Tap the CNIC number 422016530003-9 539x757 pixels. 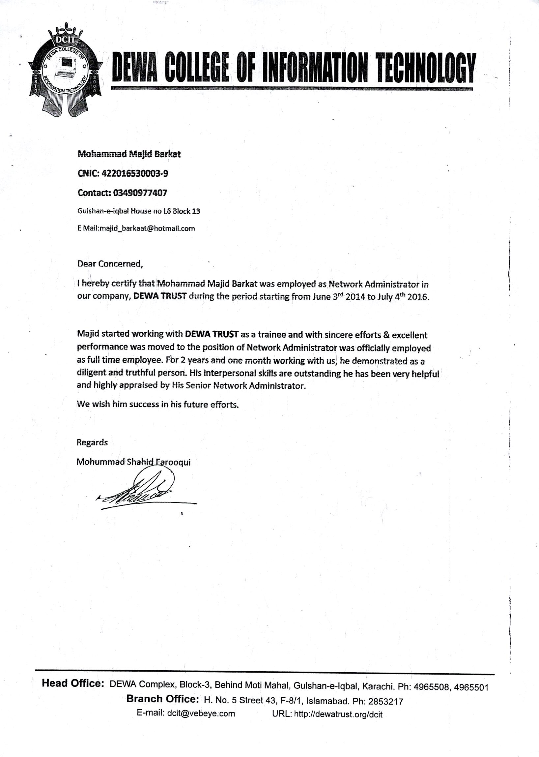coord(135,173)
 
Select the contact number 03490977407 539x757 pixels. coord(140,193)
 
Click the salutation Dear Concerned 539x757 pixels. coord(110,264)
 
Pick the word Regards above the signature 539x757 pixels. coord(92,442)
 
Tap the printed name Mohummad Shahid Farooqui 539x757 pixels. coord(133,462)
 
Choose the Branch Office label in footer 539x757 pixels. coord(162,699)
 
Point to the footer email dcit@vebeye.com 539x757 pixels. coord(201,713)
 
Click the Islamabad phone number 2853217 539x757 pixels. coord(386,702)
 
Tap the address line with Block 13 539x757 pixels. coord(138,211)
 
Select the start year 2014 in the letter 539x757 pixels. coord(355,297)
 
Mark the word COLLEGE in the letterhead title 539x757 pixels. coord(197,68)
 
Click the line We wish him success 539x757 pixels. coord(157,405)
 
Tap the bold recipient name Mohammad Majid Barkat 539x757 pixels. coord(129,154)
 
